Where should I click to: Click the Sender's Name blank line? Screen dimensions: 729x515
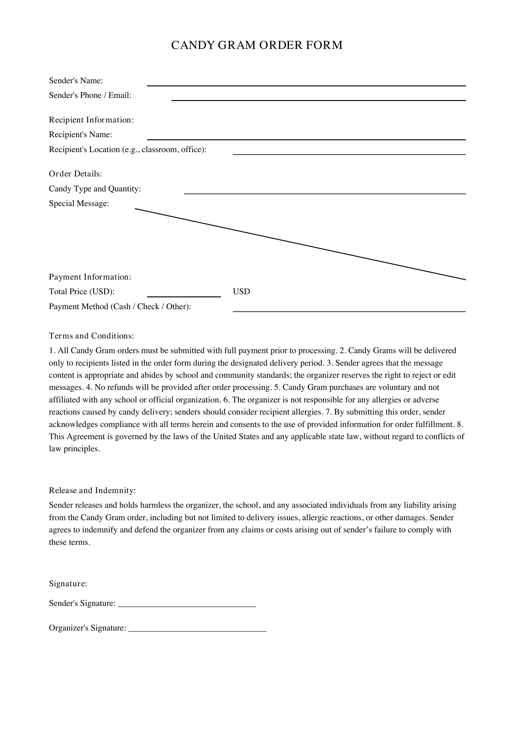(x=306, y=85)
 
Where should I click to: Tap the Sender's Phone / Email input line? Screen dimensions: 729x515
(x=319, y=100)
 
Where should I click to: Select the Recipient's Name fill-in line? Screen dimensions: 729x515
(x=306, y=139)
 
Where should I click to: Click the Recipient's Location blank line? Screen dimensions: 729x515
(x=349, y=154)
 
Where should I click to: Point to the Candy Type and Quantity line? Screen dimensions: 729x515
(x=325, y=193)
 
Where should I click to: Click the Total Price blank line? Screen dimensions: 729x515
(x=184, y=296)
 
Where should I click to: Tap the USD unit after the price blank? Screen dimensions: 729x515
(x=241, y=291)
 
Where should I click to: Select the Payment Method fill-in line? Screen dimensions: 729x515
(x=349, y=311)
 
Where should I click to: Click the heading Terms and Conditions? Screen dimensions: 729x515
(x=91, y=336)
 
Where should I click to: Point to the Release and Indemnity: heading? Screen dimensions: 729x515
(x=92, y=490)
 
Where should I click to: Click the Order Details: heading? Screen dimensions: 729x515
(x=75, y=174)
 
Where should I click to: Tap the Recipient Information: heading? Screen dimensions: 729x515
(x=91, y=120)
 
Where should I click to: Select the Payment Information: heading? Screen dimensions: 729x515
(x=90, y=277)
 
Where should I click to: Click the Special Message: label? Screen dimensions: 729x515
(x=79, y=203)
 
